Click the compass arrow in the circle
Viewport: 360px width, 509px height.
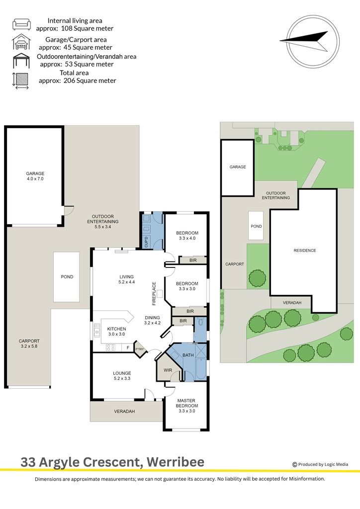click(305, 41)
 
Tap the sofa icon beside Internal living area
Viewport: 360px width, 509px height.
click(22, 24)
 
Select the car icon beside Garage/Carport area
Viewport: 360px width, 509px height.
click(21, 42)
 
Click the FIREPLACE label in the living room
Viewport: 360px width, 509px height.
click(154, 293)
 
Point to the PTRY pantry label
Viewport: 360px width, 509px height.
click(140, 349)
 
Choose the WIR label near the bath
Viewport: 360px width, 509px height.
click(168, 370)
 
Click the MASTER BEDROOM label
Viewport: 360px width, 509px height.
click(186, 403)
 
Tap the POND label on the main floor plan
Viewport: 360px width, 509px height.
click(67, 277)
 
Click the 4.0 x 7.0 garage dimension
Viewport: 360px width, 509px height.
click(35, 179)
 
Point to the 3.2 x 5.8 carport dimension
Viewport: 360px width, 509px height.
click(29, 346)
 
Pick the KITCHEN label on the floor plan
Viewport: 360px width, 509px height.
click(116, 329)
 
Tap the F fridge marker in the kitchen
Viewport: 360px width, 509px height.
click(128, 347)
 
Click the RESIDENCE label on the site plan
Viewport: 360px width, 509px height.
click(305, 251)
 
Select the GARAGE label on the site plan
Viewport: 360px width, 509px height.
click(238, 167)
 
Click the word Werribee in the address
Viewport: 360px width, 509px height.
click(176, 462)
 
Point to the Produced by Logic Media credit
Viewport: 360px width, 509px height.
click(320, 464)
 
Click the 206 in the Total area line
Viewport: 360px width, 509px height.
click(70, 81)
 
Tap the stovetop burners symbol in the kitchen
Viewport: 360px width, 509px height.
click(111, 347)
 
